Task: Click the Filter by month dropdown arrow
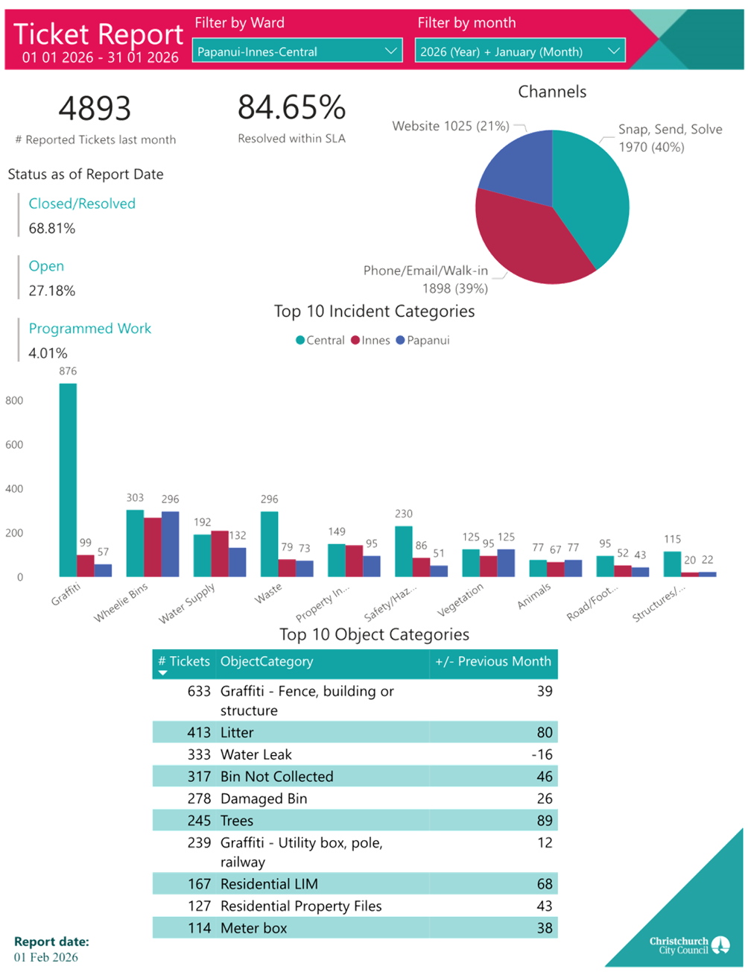(x=614, y=51)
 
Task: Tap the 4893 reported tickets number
(x=95, y=109)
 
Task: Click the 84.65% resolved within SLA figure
(x=291, y=109)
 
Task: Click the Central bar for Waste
(x=269, y=543)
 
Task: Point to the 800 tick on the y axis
(x=15, y=400)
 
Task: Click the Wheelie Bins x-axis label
(x=121, y=603)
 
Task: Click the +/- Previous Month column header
(x=493, y=661)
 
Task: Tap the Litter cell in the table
(x=237, y=733)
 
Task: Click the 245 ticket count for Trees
(x=199, y=821)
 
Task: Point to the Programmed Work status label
(x=90, y=329)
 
